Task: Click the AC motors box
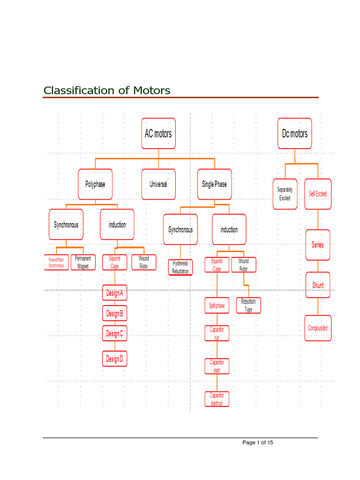(x=158, y=134)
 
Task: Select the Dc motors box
(x=294, y=134)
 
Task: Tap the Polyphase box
(x=95, y=184)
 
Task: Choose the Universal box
(x=158, y=184)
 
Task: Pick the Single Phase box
(x=214, y=184)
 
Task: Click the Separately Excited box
(x=285, y=194)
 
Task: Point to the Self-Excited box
(x=318, y=194)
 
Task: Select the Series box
(x=318, y=245)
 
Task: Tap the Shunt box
(x=318, y=285)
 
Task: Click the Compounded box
(x=318, y=328)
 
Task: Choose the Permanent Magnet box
(x=83, y=262)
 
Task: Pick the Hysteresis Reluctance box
(x=180, y=268)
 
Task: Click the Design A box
(x=115, y=294)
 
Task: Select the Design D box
(x=115, y=359)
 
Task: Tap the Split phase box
(x=217, y=306)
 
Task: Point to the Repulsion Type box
(x=248, y=306)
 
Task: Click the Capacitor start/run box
(x=217, y=399)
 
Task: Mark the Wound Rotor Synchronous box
(x=56, y=262)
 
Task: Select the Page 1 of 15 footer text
(x=258, y=442)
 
